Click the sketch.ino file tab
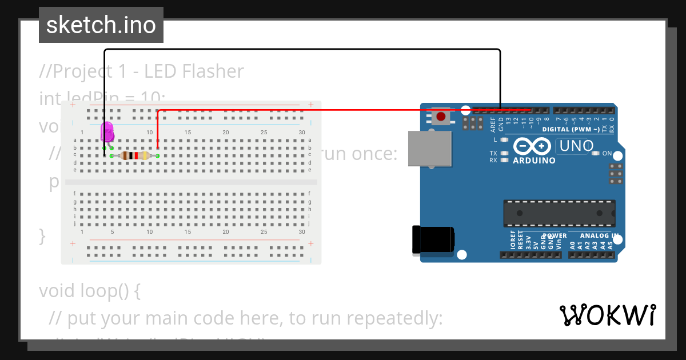101,25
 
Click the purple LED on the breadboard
107,132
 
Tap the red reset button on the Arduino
441,117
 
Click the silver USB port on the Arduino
429,148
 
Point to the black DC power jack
433,239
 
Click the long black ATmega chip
559,213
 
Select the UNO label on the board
576,146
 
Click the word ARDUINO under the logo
534,161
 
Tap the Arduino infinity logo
533,146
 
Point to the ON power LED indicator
596,153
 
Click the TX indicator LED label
493,153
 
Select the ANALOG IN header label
599,235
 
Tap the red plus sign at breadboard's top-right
311,105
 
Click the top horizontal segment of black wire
303,50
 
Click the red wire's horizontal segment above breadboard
343,110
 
